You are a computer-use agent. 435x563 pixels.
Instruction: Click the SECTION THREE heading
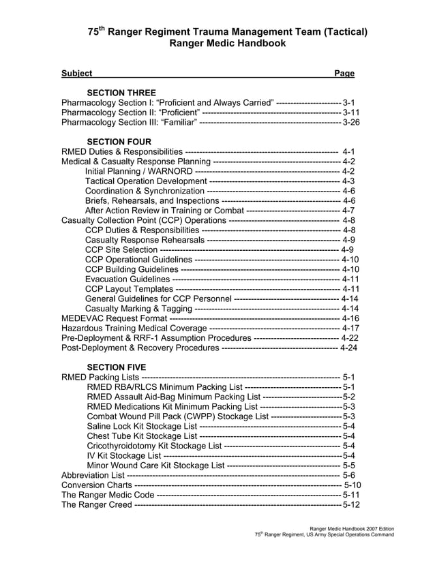point(121,93)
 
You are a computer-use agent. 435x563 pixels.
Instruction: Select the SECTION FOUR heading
point(119,141)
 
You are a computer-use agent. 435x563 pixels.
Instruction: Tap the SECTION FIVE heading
point(117,367)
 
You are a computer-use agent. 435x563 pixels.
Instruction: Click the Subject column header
point(76,73)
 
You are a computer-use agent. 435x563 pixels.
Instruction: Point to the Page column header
point(344,73)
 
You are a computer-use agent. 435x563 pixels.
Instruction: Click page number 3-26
point(351,122)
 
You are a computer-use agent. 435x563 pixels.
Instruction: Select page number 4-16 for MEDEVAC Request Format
point(350,318)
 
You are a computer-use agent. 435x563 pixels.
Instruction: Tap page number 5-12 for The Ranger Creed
point(351,505)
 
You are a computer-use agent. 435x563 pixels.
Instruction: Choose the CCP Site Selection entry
point(121,249)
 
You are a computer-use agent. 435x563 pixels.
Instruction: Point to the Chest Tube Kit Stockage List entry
point(142,436)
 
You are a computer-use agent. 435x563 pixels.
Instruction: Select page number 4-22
point(349,338)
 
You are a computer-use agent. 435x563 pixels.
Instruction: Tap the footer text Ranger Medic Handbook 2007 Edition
point(352,529)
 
